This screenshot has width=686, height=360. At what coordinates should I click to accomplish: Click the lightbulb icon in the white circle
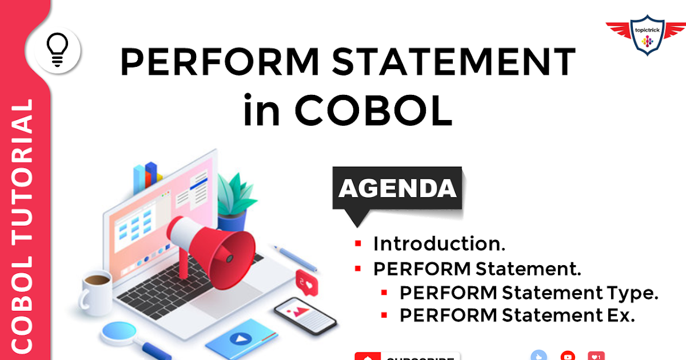[57, 50]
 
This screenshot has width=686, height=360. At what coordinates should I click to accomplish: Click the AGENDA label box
[398, 188]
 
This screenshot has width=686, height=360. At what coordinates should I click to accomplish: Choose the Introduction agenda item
[439, 244]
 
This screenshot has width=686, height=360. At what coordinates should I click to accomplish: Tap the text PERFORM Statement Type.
[529, 293]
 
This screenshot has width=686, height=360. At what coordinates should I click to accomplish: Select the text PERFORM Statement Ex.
[517, 315]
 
